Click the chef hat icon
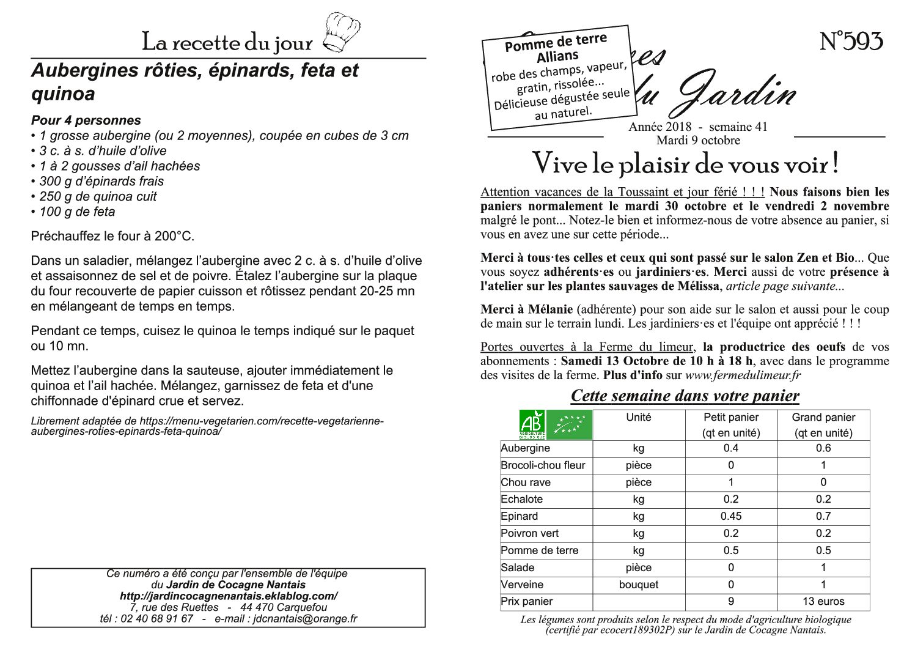[340, 32]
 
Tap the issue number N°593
[851, 42]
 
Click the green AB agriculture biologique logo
[531, 424]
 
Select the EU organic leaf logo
[570, 424]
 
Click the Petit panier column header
[730, 418]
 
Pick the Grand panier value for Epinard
[823, 516]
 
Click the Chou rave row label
[526, 482]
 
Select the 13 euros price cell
[823, 602]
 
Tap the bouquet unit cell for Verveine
[638, 585]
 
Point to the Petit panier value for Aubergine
[730, 448]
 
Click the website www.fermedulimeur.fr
[743, 375]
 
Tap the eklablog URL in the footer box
[229, 596]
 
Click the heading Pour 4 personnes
[86, 120]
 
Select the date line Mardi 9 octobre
[697, 140]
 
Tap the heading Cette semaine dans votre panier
[685, 396]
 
